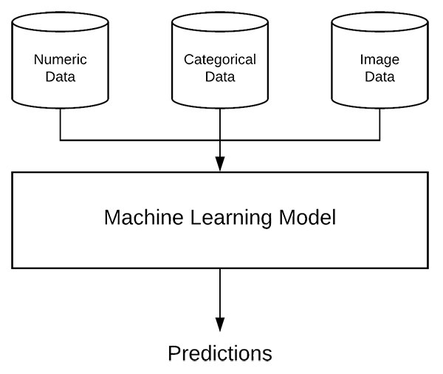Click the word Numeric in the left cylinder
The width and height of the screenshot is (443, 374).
[x=61, y=59]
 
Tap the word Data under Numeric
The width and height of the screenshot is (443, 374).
[x=61, y=77]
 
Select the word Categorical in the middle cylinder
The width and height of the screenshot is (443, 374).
[x=220, y=60]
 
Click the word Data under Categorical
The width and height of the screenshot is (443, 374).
[x=220, y=77]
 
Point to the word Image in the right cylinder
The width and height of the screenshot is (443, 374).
[x=380, y=61]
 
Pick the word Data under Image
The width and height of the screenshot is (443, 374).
[x=380, y=77]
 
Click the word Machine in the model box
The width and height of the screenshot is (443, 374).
[x=143, y=217]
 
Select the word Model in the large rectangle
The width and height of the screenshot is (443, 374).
[x=307, y=217]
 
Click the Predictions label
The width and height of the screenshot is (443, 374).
[x=220, y=353]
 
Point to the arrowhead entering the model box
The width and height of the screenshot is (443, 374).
[x=220, y=164]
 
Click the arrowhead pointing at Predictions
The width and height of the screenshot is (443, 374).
[x=220, y=324]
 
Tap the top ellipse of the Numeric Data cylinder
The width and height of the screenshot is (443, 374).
[x=61, y=13]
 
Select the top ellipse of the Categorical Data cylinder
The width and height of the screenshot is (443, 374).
[x=220, y=13]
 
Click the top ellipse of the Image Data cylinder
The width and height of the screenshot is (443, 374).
[x=380, y=13]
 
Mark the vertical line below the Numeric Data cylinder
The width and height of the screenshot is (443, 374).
[x=61, y=124]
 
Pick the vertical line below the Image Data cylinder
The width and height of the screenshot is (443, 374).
[x=380, y=124]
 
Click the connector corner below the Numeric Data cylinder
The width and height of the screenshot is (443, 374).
[x=61, y=140]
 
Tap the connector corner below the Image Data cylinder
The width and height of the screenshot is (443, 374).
[x=380, y=140]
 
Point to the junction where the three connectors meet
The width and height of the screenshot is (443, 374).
[x=220, y=140]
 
